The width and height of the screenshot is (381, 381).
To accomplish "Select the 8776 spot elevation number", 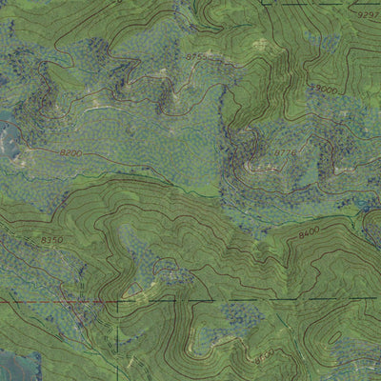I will click(x=260, y=151).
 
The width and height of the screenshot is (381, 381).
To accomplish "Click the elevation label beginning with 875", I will click(x=195, y=57).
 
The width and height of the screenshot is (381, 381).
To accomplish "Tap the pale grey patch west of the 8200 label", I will click(x=10, y=143).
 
